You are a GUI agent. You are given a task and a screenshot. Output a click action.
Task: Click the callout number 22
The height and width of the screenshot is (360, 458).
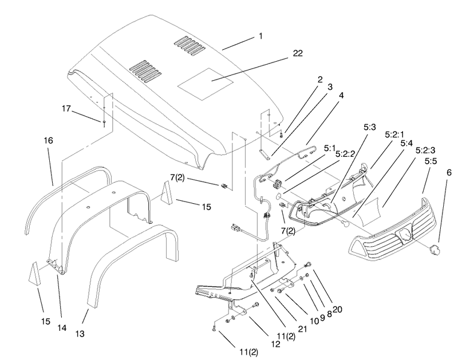click(298, 53)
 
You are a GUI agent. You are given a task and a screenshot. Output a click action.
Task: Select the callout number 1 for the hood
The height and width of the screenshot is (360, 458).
click(260, 36)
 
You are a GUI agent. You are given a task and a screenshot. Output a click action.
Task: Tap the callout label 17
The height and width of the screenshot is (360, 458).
click(66, 108)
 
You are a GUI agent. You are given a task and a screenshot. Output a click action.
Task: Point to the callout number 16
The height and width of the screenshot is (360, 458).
click(49, 140)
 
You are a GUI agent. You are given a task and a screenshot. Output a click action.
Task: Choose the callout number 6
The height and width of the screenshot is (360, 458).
click(449, 172)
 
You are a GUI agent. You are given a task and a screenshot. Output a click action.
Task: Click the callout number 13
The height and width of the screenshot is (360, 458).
click(80, 334)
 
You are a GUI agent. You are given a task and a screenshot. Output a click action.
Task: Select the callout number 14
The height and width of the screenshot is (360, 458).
click(62, 327)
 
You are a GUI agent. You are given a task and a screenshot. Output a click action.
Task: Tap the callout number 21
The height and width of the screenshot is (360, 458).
click(302, 329)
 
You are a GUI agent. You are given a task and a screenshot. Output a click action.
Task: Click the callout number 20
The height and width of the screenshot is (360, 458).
click(337, 309)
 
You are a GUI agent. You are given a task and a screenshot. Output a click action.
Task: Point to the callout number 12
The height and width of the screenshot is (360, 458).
click(275, 344)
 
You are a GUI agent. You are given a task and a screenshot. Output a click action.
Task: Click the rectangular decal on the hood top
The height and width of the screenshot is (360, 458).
click(206, 84)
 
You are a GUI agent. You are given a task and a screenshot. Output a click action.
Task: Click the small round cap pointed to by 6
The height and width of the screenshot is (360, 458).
click(435, 250)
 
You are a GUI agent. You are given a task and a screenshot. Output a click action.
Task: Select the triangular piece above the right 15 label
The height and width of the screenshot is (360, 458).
click(167, 192)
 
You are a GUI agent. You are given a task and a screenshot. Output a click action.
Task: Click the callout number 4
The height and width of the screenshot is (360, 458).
click(341, 95)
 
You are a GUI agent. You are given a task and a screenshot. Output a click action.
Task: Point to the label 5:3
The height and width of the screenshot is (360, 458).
click(369, 127)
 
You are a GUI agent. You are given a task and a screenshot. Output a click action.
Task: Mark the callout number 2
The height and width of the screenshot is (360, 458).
click(320, 79)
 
